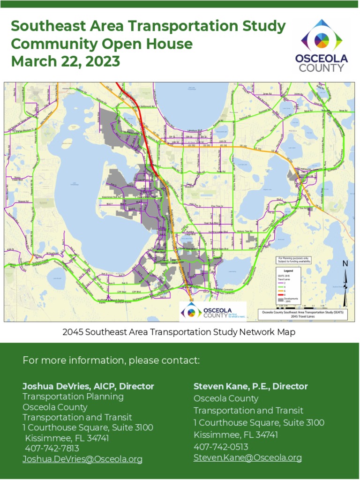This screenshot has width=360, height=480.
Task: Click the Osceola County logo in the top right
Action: coord(321,46)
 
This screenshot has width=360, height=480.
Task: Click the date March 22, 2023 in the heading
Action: coord(65,61)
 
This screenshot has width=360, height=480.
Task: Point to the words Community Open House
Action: coord(102,44)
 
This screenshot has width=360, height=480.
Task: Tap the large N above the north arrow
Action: coord(345,264)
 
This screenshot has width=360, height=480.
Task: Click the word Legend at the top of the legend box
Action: coord(288,271)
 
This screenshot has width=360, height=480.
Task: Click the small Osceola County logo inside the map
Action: coord(212,312)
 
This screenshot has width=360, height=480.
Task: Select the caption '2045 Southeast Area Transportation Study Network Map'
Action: coord(179,332)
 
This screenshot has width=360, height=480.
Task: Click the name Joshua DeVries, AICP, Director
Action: coord(88,386)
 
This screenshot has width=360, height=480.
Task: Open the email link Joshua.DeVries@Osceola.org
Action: coord(82,459)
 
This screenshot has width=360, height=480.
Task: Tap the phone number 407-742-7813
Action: coord(52,449)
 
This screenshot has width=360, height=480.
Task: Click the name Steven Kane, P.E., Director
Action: coord(251,386)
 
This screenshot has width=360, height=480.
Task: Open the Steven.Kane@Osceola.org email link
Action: coord(247,457)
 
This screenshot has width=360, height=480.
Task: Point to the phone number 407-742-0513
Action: coord(221,447)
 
